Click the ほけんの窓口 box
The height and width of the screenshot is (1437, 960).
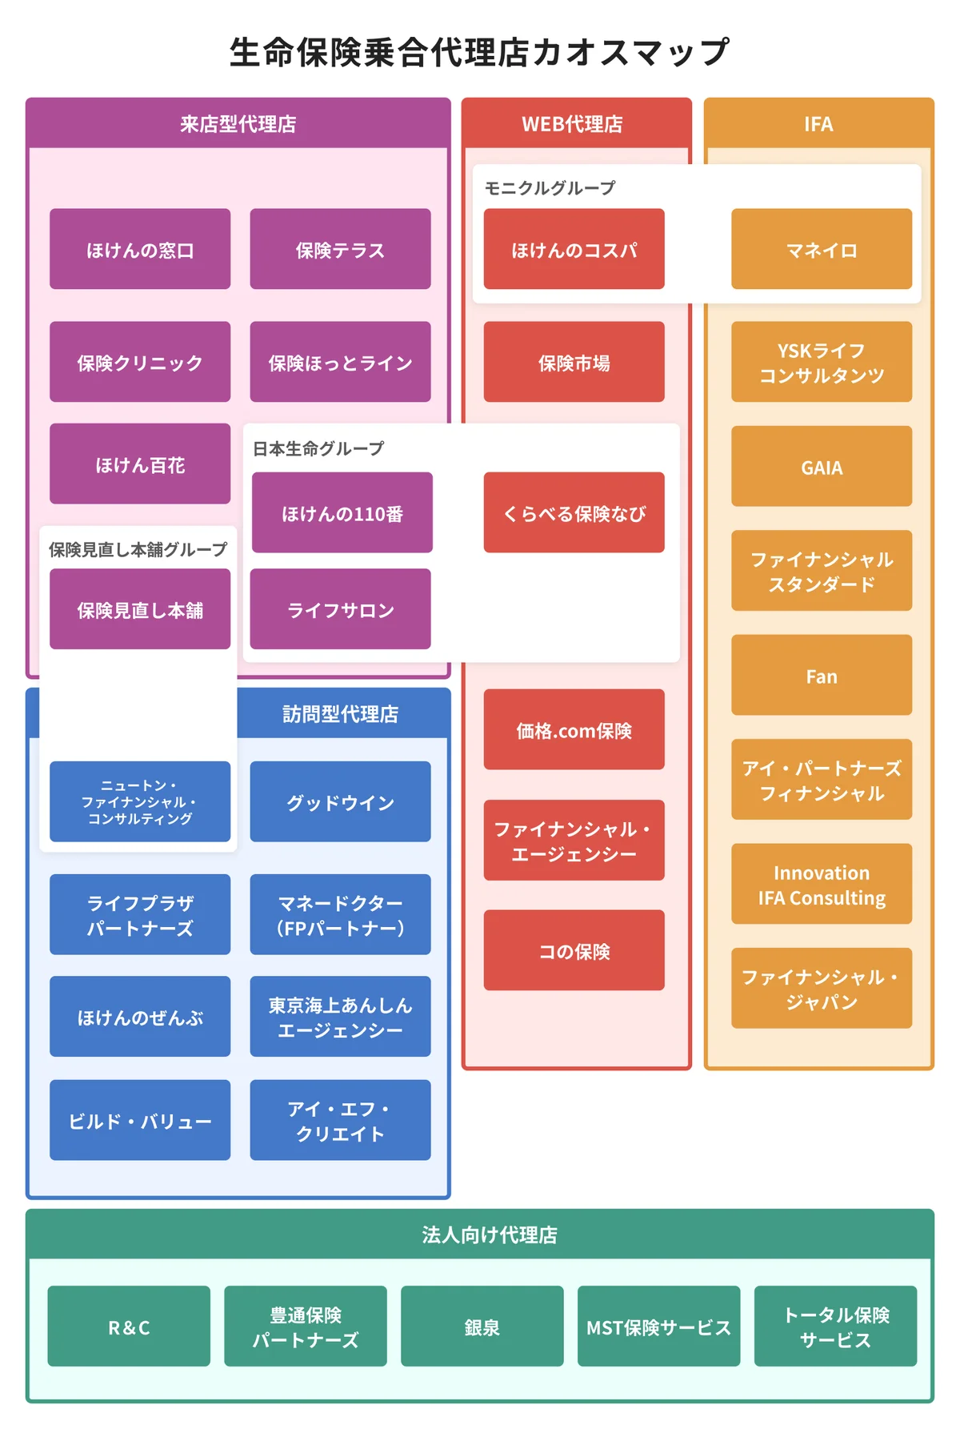click(140, 249)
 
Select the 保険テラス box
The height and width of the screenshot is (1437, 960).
click(340, 249)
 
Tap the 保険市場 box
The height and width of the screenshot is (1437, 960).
click(574, 362)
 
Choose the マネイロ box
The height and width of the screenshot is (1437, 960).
click(822, 249)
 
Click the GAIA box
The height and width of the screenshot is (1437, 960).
click(822, 467)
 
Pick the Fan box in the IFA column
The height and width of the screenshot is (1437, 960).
click(822, 676)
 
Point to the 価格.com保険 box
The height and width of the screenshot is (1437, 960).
click(574, 729)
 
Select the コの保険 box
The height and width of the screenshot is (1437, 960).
click(574, 950)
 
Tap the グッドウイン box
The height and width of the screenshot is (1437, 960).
click(340, 801)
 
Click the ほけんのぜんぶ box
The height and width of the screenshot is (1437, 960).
click(140, 1017)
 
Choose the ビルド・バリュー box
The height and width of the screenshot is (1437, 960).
click(140, 1120)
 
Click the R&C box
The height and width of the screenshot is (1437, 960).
click(129, 1327)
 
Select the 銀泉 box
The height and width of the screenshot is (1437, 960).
click(482, 1327)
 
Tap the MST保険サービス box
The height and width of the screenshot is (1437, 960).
click(658, 1327)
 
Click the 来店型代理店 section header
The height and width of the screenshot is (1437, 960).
click(238, 124)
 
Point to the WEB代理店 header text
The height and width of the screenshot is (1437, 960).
click(572, 124)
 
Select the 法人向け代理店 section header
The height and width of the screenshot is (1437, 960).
click(490, 1234)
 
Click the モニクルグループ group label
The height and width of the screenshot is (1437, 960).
click(550, 188)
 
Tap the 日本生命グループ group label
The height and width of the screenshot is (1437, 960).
click(318, 448)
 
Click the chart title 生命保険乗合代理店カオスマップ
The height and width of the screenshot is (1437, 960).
click(479, 53)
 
